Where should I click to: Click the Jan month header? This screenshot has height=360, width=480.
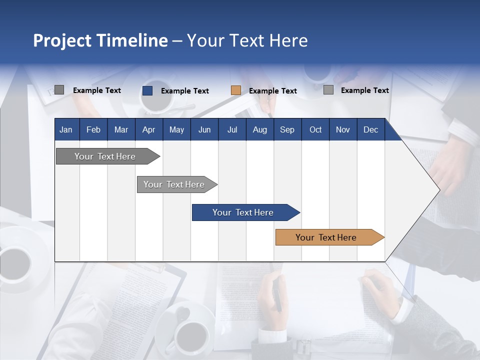pos(66,130)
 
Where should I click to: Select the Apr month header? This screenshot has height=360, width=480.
pos(148,130)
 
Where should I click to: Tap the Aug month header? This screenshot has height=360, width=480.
pos(259,130)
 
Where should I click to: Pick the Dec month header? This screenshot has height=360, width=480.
pos(370,130)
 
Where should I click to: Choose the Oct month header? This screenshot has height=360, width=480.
pos(315,130)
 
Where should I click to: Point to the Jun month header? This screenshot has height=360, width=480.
pos(204,130)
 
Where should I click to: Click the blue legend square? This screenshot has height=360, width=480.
pos(147,90)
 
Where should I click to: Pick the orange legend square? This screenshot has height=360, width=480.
pos(236,90)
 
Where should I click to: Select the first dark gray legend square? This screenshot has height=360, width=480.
pos(59,90)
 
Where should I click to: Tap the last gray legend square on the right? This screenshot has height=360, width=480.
pos(328,90)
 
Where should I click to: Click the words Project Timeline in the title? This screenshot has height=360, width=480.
pos(100,40)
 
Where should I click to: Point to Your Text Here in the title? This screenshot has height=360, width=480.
pos(247,40)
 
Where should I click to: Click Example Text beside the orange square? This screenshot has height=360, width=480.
pos(273,91)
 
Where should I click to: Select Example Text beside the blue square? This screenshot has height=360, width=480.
pos(185,91)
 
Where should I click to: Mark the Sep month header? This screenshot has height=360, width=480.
pos(287,130)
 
